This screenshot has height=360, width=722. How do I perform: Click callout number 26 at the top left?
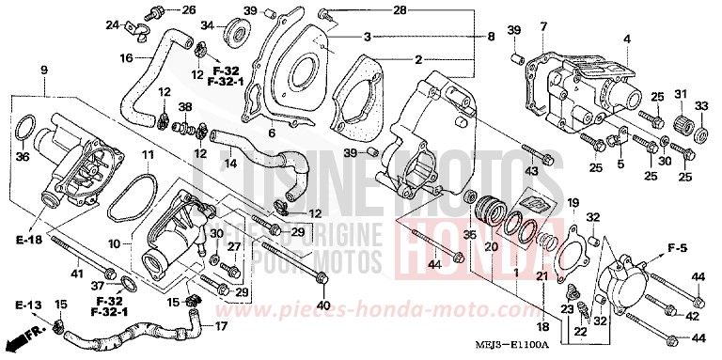click(189, 10)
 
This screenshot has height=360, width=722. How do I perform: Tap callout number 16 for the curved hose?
click(125, 58)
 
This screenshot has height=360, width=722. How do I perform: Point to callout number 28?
click(374, 10)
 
